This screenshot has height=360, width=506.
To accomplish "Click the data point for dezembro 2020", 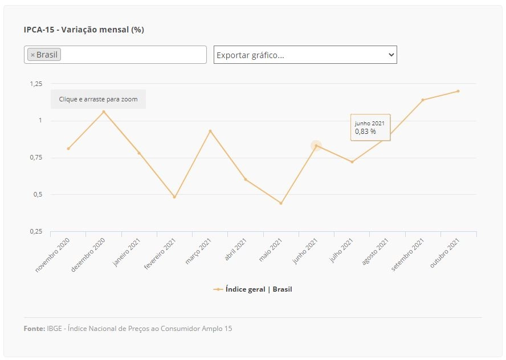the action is tap(104, 112).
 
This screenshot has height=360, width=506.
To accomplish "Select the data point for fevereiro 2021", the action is tap(174, 197).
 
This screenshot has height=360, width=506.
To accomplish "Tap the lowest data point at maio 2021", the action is tap(281, 203).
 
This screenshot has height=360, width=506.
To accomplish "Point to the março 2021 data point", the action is tap(210, 131).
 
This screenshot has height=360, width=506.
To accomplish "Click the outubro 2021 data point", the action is tap(458, 91).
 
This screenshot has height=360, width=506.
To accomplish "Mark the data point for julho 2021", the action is tap(352, 162).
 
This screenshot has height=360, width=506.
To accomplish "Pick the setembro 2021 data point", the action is tap(423, 100).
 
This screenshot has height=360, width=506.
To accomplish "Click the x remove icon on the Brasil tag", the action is tap(32, 55).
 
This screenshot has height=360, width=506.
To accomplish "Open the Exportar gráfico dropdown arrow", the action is tap(391, 55).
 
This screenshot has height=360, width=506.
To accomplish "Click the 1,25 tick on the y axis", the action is tap(36, 84).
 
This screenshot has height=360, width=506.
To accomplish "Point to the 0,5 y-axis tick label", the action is tap(38, 194).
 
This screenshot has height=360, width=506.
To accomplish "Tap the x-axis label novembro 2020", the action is tap(52, 255).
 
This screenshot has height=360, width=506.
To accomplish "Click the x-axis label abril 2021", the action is tap(235, 249).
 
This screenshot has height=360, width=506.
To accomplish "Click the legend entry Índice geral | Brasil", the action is tap(252, 289).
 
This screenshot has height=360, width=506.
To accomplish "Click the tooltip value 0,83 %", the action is tap(365, 131).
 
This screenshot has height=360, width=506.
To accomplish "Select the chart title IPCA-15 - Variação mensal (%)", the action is tap(84, 30).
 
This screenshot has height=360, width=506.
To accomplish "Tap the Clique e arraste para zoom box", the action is tap(98, 99).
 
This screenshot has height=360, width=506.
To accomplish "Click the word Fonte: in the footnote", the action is tap(34, 329).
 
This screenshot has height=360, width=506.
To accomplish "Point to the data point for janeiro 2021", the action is tap(139, 153).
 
